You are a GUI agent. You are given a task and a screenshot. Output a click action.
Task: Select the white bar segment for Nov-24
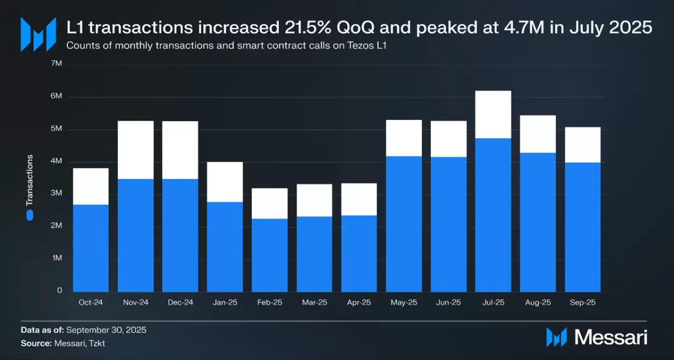pyautogui.click(x=135, y=150)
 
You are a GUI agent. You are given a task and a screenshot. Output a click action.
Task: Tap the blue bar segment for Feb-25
pyautogui.click(x=270, y=255)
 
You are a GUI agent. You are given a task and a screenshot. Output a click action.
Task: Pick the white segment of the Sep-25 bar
pyautogui.click(x=582, y=145)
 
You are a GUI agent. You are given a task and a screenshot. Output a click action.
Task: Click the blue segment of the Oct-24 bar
pyautogui.click(x=91, y=248)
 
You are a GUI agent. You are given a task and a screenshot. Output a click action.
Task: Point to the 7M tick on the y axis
pyautogui.click(x=56, y=64)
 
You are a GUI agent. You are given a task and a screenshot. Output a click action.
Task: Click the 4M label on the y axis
pyautogui.click(x=56, y=161)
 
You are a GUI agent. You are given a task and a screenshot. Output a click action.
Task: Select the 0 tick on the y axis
pyautogui.click(x=60, y=291)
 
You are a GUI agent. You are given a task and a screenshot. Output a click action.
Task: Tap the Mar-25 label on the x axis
pyautogui.click(x=314, y=303)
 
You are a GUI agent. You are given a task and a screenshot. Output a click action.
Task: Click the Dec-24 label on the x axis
pyautogui.click(x=180, y=303)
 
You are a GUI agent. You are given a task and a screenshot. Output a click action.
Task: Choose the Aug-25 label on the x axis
pyautogui.click(x=538, y=303)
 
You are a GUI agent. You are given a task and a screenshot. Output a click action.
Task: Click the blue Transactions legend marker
pyautogui.click(x=30, y=215)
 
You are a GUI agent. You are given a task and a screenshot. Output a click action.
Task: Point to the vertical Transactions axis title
pyautogui.click(x=29, y=180)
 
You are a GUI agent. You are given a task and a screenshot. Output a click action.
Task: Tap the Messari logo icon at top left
pyautogui.click(x=38, y=34)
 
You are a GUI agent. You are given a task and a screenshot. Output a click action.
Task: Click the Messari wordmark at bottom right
pyautogui.click(x=611, y=337)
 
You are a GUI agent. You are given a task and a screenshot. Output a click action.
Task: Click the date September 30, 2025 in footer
pyautogui.click(x=106, y=330)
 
